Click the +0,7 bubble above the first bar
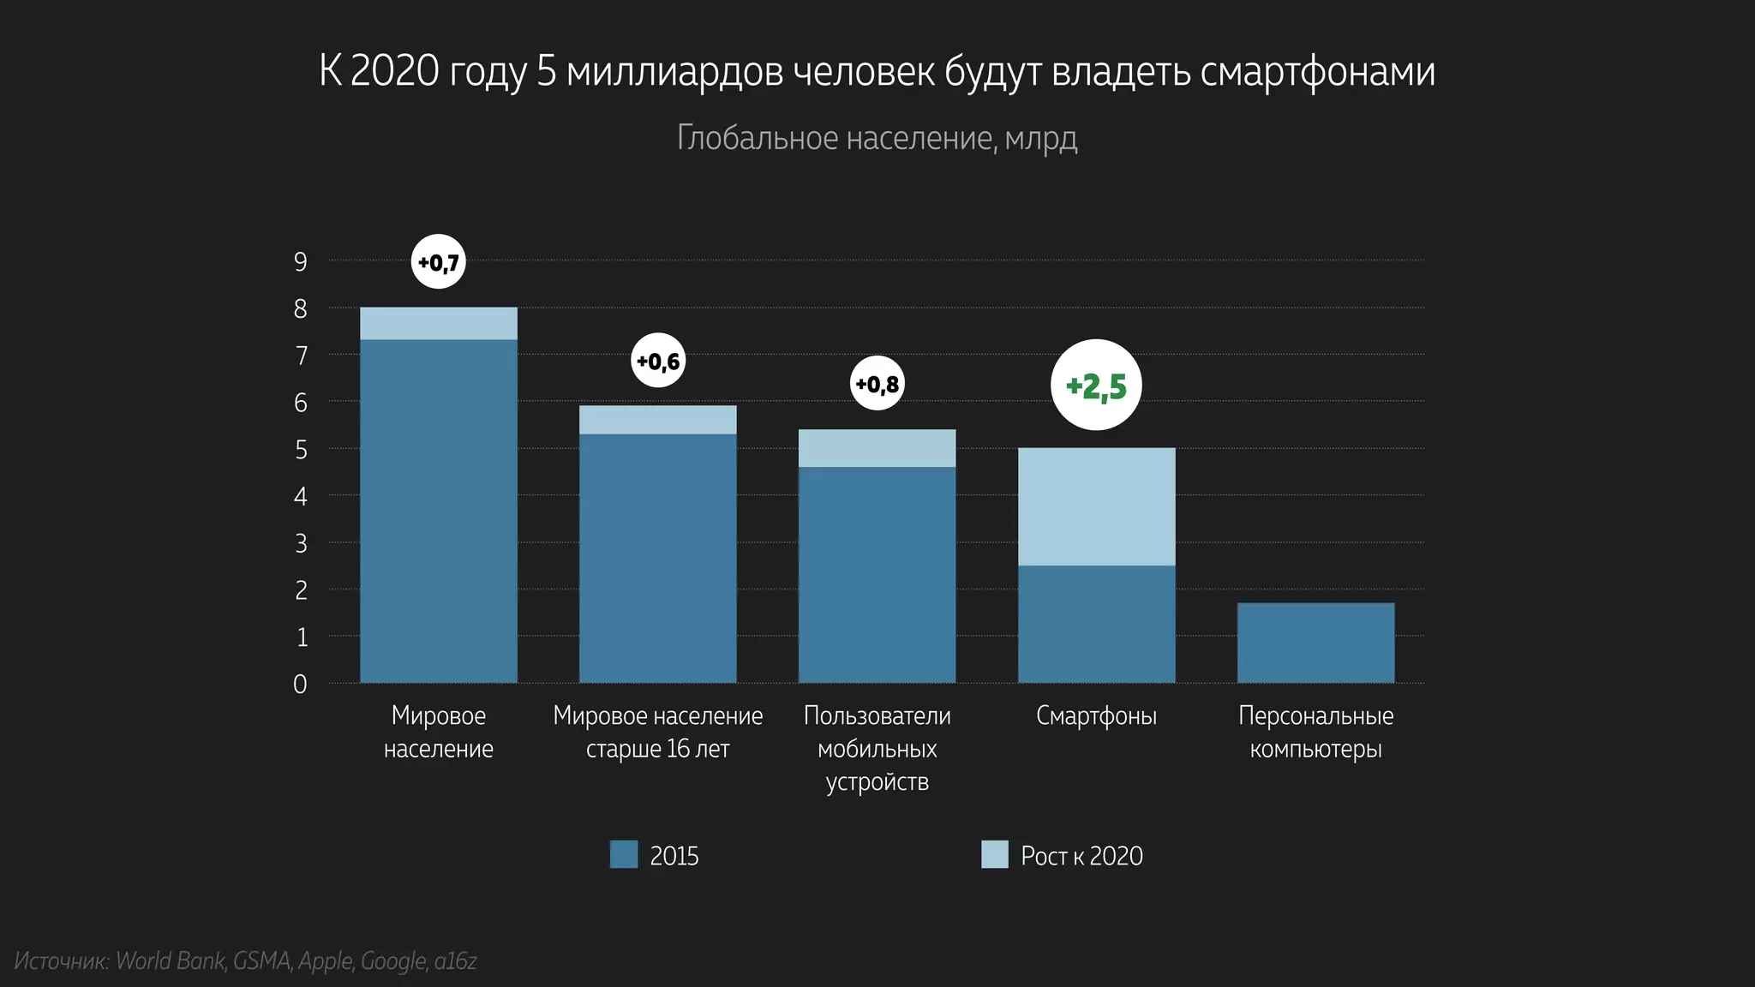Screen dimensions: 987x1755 (439, 261)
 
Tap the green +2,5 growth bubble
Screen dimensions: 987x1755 (1096, 386)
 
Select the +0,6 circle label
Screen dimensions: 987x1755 (658, 361)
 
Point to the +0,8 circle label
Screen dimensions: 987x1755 (877, 383)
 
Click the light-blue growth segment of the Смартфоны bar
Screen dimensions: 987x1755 (1096, 506)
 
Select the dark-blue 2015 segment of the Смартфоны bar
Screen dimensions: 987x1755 (1096, 624)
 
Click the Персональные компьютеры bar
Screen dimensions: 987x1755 (1315, 643)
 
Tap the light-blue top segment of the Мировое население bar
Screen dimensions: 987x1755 (439, 324)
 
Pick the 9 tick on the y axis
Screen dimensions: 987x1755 (300, 261)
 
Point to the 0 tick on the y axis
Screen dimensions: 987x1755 (300, 684)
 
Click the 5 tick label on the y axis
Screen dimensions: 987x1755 (300, 449)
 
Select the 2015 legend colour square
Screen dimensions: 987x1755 (624, 854)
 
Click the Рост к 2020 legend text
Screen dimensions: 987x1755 (1081, 855)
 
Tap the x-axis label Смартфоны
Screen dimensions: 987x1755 (1096, 715)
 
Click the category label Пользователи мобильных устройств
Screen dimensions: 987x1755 (877, 748)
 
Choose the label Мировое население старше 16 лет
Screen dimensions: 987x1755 (657, 732)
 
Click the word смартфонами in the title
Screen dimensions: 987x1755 (1317, 71)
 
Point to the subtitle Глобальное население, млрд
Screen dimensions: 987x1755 (877, 138)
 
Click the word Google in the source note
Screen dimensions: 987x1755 (393, 960)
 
